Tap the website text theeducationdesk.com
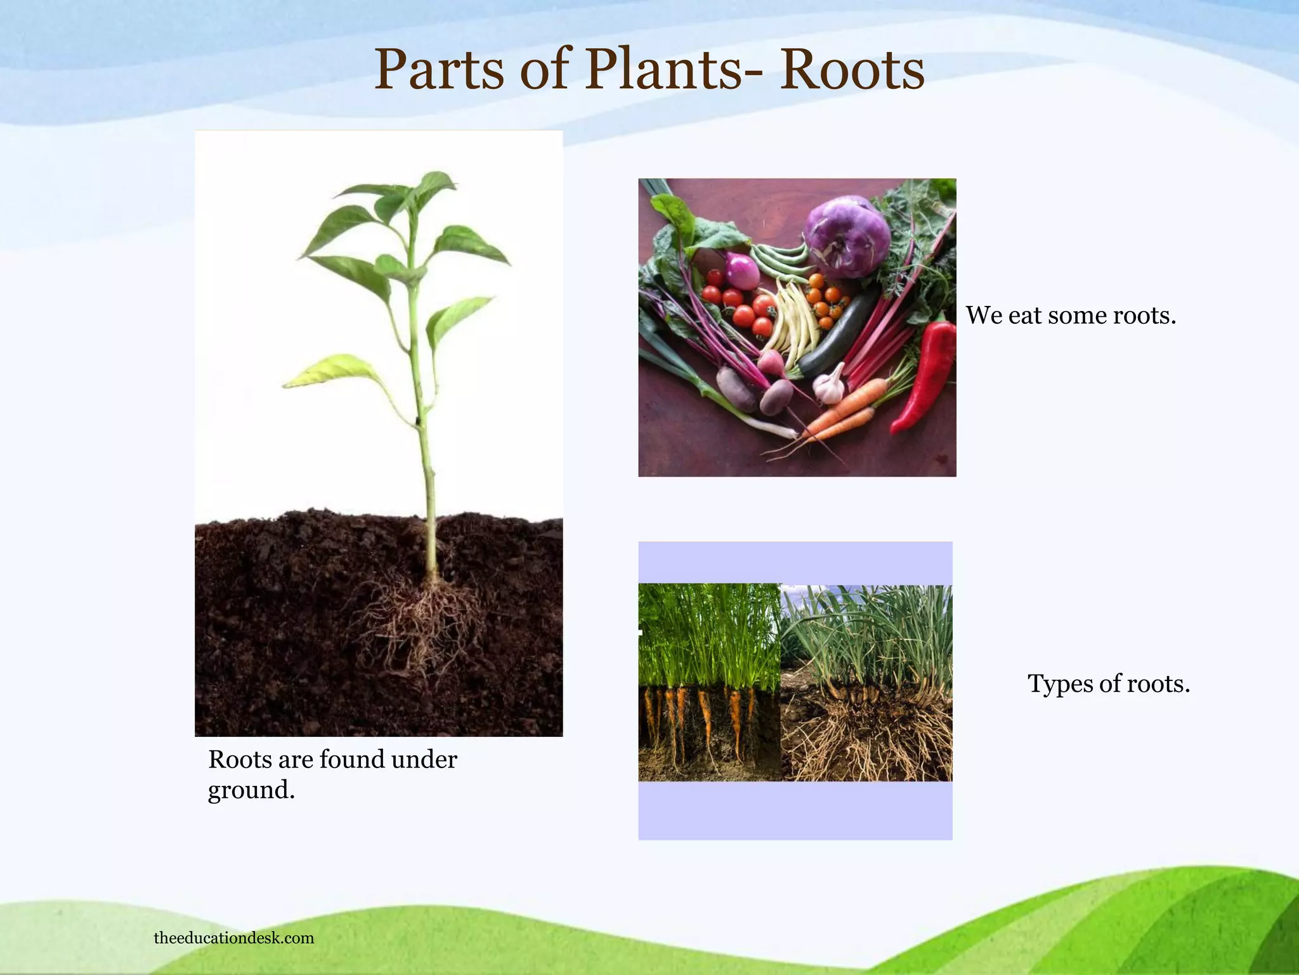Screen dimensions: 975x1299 point(233,938)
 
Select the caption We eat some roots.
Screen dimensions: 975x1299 point(1071,315)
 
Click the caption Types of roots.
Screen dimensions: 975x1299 point(1108,684)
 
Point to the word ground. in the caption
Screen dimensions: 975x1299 point(251,790)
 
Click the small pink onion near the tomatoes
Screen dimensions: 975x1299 point(741,271)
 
